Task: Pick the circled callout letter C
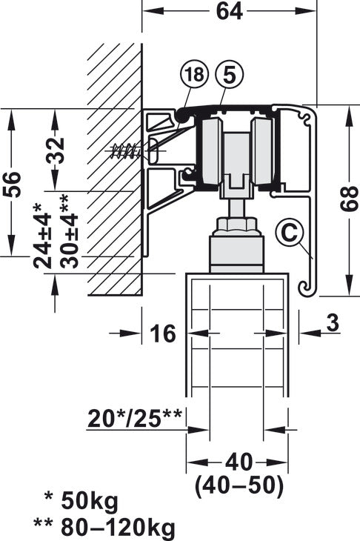(288, 232)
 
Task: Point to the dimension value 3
(331, 323)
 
